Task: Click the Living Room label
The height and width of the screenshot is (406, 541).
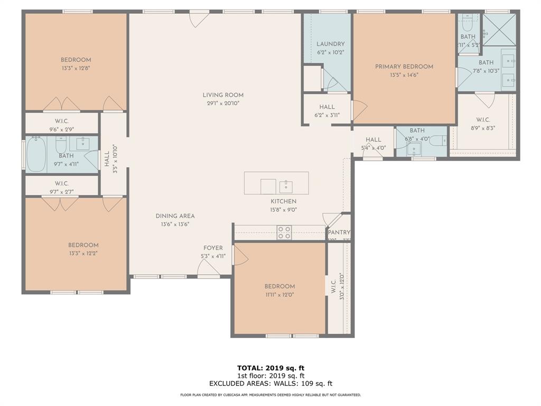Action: click(x=223, y=95)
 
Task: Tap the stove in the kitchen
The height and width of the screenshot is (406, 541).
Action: click(x=284, y=233)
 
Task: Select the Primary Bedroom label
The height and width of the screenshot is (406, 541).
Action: click(x=404, y=67)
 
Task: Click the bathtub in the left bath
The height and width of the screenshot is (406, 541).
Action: click(x=36, y=154)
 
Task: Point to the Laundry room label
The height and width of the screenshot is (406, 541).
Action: click(x=331, y=44)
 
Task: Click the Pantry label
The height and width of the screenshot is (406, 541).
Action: click(x=339, y=233)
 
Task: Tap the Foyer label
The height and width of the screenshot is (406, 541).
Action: click(x=213, y=248)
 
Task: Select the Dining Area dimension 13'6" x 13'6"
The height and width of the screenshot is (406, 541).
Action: click(x=175, y=224)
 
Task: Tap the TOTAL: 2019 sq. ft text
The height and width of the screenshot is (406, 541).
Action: click(x=270, y=368)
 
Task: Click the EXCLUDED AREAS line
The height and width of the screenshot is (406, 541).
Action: click(x=270, y=384)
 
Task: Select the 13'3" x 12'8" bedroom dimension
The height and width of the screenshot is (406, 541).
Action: click(x=76, y=68)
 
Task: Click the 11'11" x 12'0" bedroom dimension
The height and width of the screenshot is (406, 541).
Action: click(x=279, y=295)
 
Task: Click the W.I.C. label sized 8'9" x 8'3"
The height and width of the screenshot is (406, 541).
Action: click(x=483, y=119)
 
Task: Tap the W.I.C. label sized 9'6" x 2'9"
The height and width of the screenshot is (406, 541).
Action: click(x=62, y=121)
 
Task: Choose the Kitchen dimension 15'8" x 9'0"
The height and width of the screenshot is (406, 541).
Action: click(x=284, y=209)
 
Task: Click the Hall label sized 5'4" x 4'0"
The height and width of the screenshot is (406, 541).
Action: click(x=373, y=140)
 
